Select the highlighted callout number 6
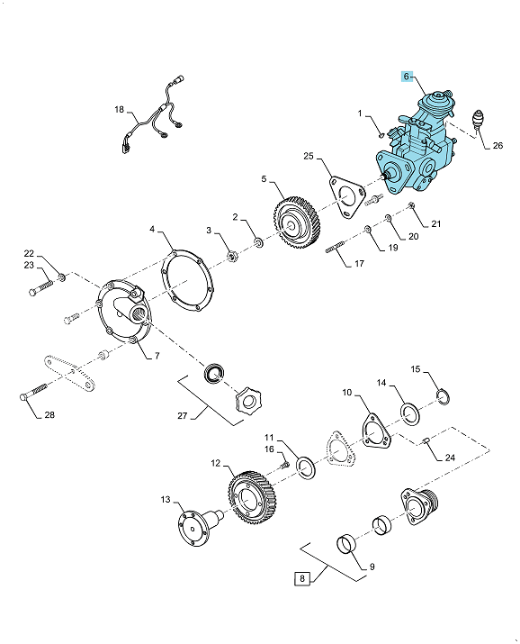(407, 77)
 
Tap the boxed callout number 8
(302, 578)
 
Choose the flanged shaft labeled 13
(200, 527)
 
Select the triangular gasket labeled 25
(346, 196)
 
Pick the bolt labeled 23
(41, 287)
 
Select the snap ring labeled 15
(443, 396)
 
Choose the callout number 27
(182, 415)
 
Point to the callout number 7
(157, 356)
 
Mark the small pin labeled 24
(426, 441)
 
